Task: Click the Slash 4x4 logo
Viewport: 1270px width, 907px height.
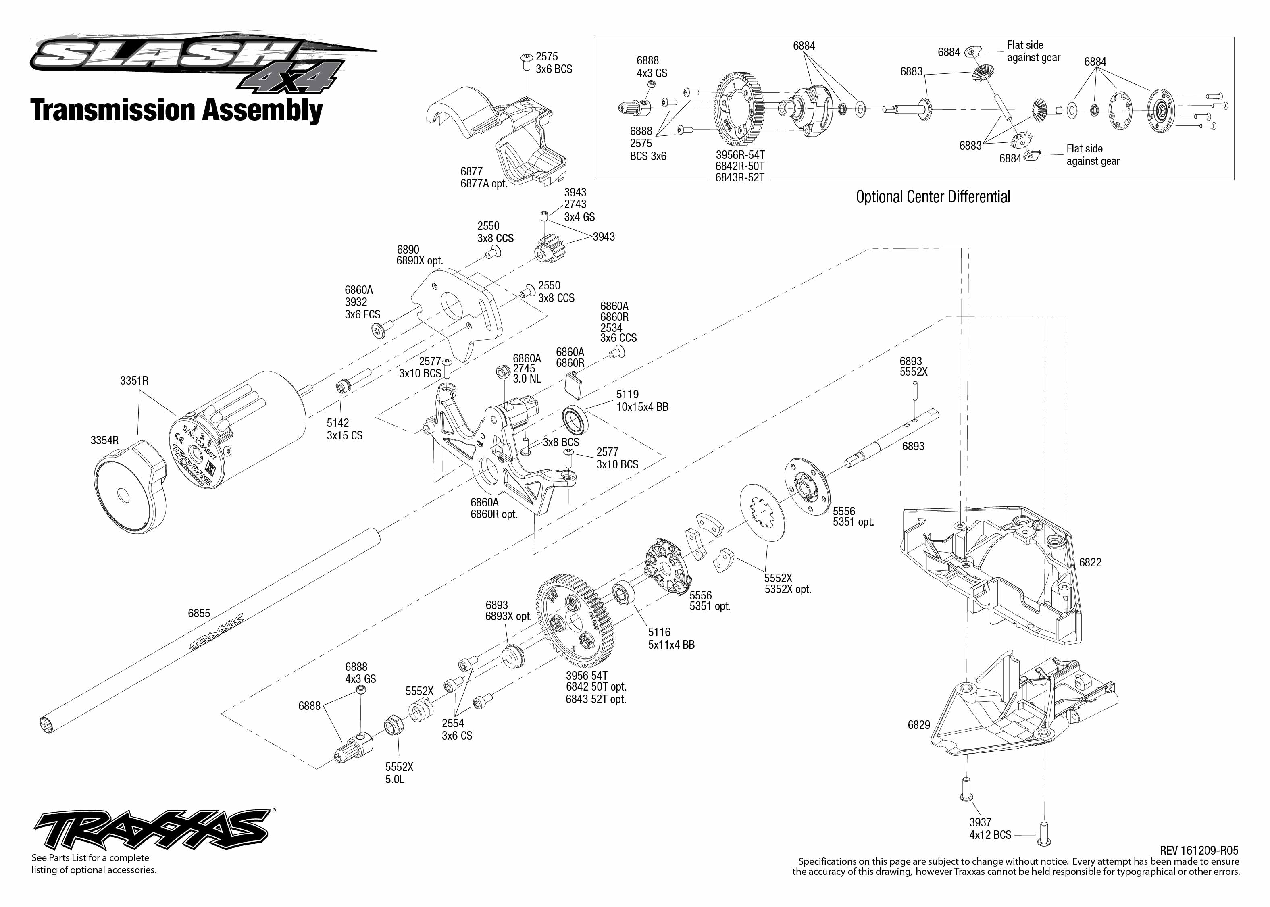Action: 190,61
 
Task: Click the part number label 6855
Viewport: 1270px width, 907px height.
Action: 199,613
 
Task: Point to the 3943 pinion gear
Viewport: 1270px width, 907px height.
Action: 550,250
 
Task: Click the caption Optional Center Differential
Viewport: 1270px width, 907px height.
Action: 933,197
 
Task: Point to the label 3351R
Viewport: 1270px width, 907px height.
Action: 134,381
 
